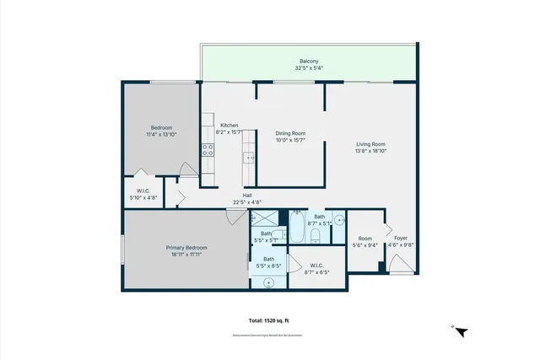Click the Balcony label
(309, 61)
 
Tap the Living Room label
(370, 144)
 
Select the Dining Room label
(290, 133)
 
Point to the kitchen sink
(250, 158)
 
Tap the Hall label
(247, 196)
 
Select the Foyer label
(402, 238)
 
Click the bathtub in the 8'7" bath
(297, 227)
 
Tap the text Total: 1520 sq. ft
(269, 321)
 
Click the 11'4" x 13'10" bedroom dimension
(161, 134)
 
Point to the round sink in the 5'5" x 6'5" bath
(269, 283)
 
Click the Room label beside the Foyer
(364, 238)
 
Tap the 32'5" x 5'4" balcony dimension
(309, 67)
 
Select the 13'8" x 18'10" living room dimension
(370, 151)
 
